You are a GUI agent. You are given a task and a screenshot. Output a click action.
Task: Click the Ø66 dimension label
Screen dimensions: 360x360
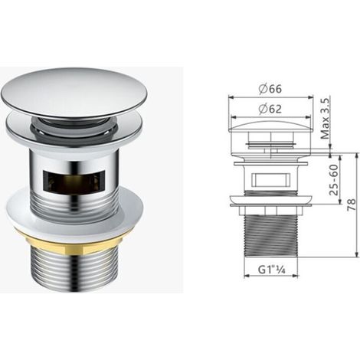[270, 89]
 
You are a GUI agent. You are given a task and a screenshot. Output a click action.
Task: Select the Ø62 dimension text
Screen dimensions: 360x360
[270, 109]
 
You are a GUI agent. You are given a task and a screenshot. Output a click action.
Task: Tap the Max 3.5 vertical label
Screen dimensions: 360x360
[325, 119]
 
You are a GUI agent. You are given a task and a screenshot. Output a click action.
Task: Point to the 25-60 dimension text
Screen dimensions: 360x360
[333, 180]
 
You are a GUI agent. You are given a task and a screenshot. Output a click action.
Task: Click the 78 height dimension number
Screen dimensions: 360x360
[352, 205]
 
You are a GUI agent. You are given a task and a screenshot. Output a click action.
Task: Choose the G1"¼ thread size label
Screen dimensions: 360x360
[271, 270]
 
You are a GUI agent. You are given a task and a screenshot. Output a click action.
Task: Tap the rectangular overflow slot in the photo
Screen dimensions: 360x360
[74, 182]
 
